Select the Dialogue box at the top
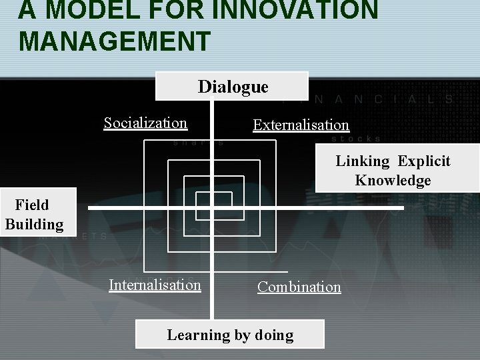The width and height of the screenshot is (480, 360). click(233, 87)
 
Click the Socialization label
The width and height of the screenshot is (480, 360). click(145, 123)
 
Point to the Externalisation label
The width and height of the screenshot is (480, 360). click(301, 125)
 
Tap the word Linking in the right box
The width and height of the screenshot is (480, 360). click(362, 161)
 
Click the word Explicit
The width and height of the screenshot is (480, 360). click(424, 161)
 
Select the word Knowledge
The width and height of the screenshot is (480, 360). click(393, 181)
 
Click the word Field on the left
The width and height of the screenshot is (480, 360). click(32, 205)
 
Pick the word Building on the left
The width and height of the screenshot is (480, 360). click(34, 224)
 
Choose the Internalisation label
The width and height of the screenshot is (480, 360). click(155, 285)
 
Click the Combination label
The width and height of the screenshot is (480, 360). click(299, 287)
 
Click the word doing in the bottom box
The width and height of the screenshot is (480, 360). click(274, 335)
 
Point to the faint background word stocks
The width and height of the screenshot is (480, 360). click(356, 139)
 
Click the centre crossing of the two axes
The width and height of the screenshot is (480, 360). click(213, 209)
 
